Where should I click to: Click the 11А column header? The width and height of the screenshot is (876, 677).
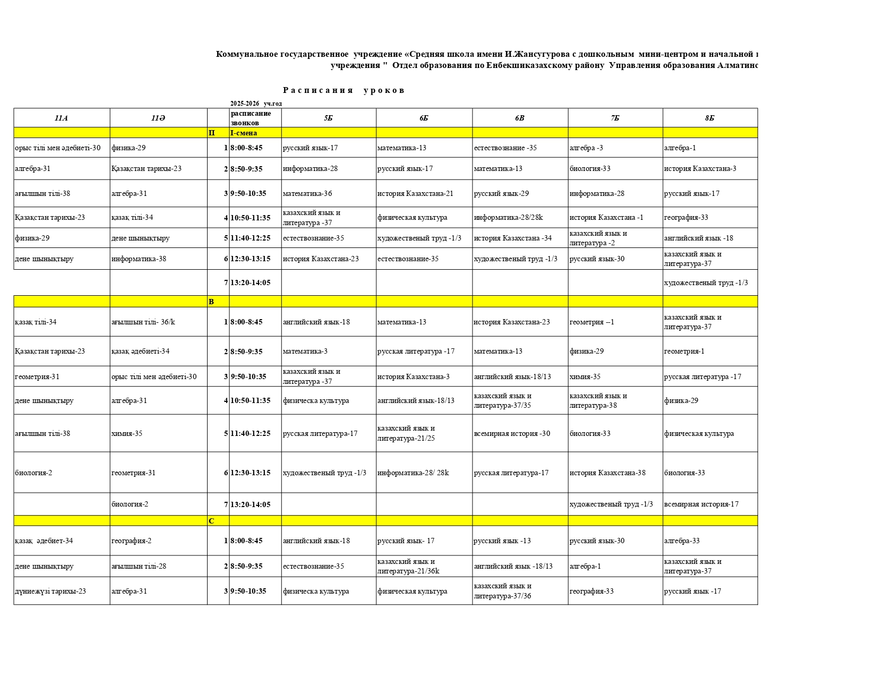61,118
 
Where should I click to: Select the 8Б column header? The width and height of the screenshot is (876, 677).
709,118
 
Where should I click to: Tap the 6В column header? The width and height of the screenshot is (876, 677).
519,118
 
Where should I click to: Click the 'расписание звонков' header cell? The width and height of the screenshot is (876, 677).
251,118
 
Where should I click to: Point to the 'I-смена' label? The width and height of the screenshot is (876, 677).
243,133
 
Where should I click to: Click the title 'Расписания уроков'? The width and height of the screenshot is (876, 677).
343,90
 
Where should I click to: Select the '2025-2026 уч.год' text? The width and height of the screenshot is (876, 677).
256,104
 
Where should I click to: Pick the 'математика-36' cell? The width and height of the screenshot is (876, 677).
307,193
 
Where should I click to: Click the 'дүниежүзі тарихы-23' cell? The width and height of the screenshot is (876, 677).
50,591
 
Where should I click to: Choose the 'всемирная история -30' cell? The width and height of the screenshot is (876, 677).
512,433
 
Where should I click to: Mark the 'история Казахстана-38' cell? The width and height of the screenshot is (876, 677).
607,473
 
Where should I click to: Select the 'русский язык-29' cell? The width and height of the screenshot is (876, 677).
501,193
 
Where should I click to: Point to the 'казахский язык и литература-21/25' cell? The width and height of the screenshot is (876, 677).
406,433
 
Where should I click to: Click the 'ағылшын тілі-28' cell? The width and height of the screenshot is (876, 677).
139,566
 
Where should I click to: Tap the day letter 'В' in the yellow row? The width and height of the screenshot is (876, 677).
211,302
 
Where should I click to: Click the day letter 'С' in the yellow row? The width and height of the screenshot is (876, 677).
211,521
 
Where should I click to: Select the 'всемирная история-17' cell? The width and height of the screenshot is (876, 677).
701,504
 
